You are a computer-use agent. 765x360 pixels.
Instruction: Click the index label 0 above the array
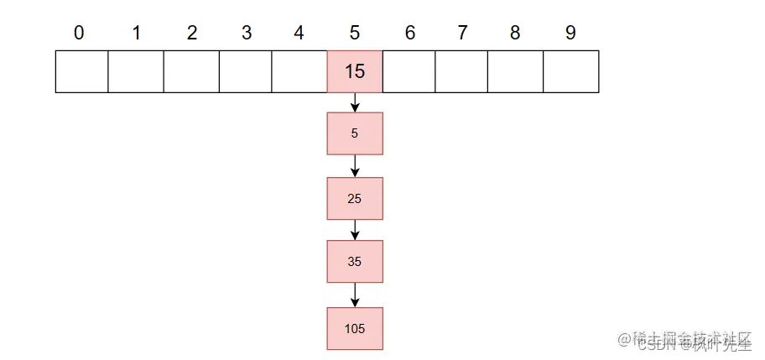click(79, 33)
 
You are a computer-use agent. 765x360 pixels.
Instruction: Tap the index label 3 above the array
click(246, 33)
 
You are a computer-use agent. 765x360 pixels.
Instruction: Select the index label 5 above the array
click(354, 33)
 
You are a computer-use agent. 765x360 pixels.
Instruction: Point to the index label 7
click(462, 33)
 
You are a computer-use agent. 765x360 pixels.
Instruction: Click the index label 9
click(570, 33)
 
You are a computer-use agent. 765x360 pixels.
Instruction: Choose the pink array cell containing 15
click(355, 71)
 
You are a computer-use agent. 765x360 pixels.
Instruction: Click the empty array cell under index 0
click(81, 71)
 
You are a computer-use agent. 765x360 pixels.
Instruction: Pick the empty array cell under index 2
click(191, 71)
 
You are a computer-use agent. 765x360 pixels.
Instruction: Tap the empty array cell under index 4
click(299, 71)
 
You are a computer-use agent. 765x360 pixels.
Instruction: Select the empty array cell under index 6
click(409, 71)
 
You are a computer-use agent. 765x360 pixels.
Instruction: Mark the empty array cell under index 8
click(516, 71)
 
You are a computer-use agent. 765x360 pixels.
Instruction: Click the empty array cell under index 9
click(571, 71)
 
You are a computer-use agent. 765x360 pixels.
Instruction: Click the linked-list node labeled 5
click(355, 133)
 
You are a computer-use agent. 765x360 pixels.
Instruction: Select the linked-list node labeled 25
click(355, 198)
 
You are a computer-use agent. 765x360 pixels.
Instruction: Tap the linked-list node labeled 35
click(355, 262)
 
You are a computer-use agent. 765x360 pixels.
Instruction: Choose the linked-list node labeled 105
click(355, 328)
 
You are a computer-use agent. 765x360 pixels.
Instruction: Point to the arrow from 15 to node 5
click(355, 102)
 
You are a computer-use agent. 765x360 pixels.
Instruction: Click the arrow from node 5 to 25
click(355, 166)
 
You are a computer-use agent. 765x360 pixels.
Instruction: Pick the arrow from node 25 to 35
click(355, 230)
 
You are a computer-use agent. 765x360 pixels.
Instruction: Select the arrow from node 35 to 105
click(355, 295)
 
